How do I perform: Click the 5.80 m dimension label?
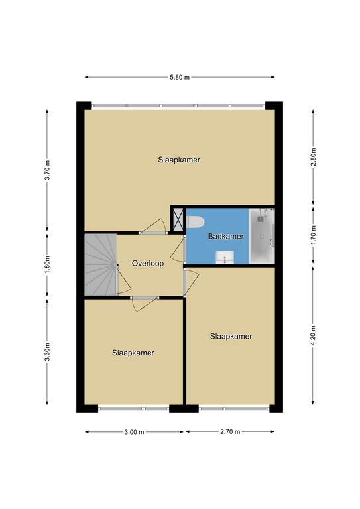180,78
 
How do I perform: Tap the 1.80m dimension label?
47,265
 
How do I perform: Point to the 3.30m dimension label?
47,351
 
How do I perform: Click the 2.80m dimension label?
313,157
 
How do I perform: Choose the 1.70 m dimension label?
313,235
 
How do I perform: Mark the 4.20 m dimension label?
313,335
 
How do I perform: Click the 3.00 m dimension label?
134,432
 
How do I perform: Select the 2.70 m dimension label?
230,432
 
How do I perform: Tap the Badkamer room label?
226,237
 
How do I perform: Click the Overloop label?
148,264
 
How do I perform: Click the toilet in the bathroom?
195,222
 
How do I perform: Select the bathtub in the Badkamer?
262,236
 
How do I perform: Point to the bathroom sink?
225,257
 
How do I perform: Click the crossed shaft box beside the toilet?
178,220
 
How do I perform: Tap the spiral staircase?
101,264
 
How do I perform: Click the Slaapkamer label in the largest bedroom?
179,160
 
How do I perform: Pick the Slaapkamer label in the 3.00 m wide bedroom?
133,353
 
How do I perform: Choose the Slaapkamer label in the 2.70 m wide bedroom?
231,336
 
